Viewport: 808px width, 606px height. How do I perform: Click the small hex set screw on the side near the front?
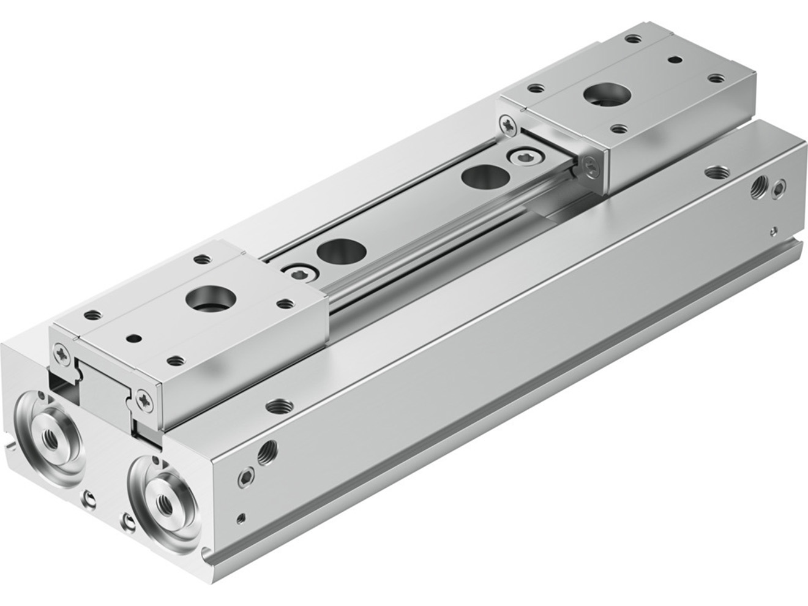[x=246, y=476]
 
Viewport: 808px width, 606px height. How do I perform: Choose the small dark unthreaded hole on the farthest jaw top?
[x=676, y=60]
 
